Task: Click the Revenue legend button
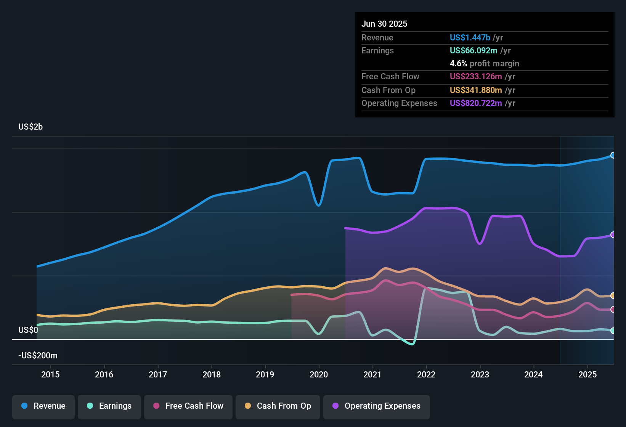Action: coord(43,406)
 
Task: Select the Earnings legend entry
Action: coord(109,406)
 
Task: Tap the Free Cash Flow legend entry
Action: coord(188,406)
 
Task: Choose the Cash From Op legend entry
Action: coord(278,406)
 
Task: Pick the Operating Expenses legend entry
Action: coord(377,406)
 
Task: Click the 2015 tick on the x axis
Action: coord(50,374)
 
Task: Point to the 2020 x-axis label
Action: coord(319,374)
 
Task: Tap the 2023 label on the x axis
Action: coord(480,374)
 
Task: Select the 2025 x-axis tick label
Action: coord(587,374)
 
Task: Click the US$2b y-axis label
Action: coord(30,127)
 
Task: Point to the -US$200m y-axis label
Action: coord(38,356)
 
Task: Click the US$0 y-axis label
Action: coord(28,330)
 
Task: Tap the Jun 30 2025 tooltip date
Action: coord(384,24)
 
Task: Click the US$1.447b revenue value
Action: coord(470,37)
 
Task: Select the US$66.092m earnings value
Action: coord(474,50)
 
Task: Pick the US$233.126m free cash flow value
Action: coord(476,76)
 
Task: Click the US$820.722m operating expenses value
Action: coord(476,103)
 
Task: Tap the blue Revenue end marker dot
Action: coord(613,155)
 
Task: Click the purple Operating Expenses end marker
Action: coord(613,235)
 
